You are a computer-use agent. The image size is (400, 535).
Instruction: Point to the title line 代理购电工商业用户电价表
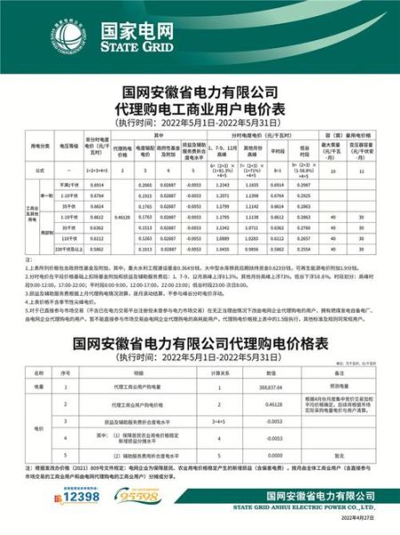click(x=200, y=110)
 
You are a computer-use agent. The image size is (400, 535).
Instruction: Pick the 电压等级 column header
click(x=69, y=144)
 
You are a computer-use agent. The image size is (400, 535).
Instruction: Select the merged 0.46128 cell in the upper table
click(x=123, y=216)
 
